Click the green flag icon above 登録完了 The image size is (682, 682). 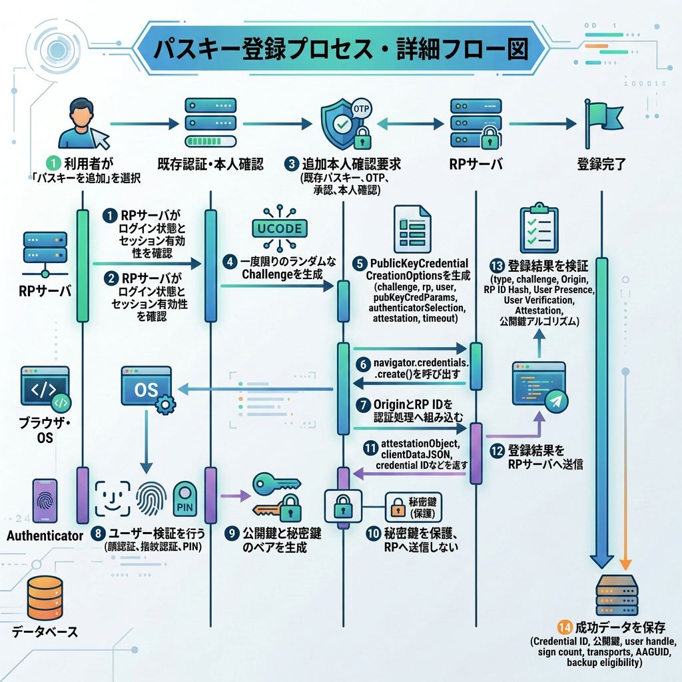click(x=603, y=123)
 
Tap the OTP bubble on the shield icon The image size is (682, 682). click(x=361, y=109)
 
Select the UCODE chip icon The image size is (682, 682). click(x=280, y=228)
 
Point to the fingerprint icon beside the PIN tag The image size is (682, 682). click(x=151, y=498)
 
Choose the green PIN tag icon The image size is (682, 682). click(x=185, y=499)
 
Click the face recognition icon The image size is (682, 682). click(x=113, y=498)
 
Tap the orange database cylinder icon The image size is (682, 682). click(x=45, y=598)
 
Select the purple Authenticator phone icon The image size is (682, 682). click(x=45, y=501)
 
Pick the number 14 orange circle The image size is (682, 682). click(x=565, y=627)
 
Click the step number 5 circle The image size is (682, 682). click(x=360, y=264)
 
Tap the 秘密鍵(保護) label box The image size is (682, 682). click(x=413, y=507)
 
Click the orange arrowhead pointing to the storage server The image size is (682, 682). click(x=625, y=564)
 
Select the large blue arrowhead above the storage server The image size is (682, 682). click(x=601, y=561)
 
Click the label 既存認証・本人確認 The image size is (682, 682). click(x=210, y=164)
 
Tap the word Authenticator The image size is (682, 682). click(x=45, y=535)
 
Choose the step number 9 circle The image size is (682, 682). click(x=232, y=533)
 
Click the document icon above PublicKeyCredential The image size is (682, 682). click(x=412, y=229)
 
